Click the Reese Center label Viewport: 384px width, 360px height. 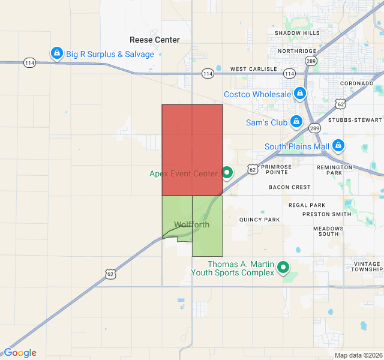pos(155,40)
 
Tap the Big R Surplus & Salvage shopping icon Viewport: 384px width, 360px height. pos(57,54)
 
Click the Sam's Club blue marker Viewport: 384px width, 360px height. pos(296,122)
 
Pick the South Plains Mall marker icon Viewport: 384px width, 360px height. pos(338,146)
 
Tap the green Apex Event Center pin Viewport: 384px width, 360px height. pos(227,173)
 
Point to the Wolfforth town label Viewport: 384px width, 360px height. pos(192,225)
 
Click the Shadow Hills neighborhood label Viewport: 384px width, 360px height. pos(298,33)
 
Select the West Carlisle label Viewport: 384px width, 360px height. pos(254,70)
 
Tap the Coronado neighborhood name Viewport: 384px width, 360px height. pos(357,83)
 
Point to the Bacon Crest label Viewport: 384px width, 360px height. pos(290,187)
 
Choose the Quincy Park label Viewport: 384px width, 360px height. pos(260,220)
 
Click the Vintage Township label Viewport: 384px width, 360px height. pos(367,267)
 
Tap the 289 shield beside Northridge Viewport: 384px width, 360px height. pos(310,61)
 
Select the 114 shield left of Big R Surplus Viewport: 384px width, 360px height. pos(29,62)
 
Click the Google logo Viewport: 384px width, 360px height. pos(20,353)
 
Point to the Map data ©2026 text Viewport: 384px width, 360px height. pos(358,355)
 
